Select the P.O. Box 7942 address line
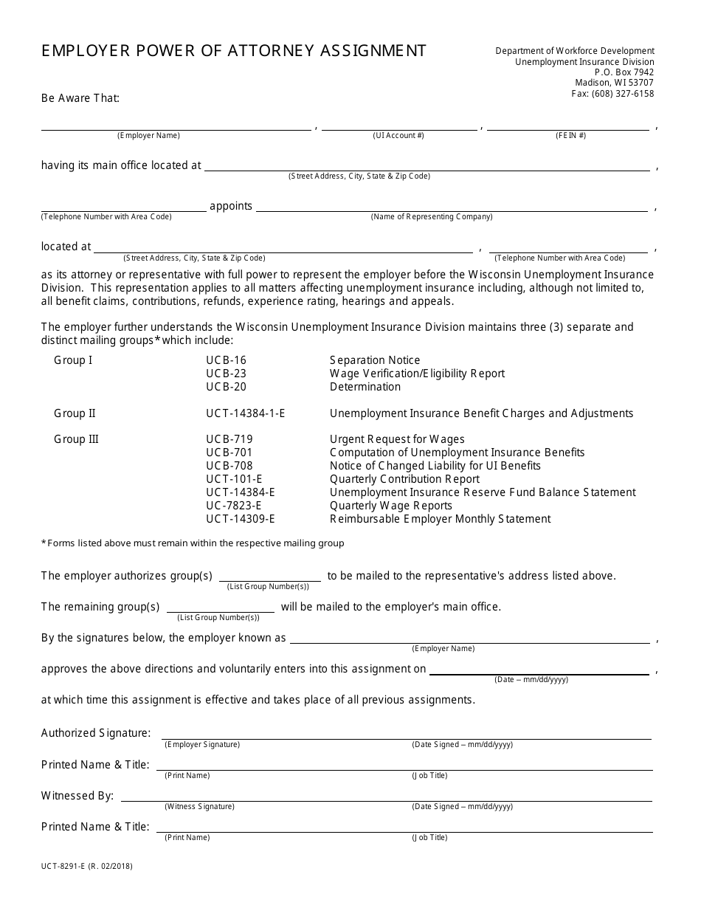tap(624, 72)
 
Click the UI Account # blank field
tap(399, 124)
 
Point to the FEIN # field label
tap(570, 136)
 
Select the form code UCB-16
tap(226, 360)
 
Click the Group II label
tap(75, 413)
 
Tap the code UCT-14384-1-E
tap(245, 413)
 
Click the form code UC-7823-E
tap(233, 506)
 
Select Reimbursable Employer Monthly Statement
tap(440, 519)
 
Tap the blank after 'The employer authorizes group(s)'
tap(269, 577)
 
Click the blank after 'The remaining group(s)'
tap(220, 608)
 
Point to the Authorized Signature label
tap(96, 733)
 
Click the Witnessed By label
tap(77, 796)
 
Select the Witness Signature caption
tap(199, 807)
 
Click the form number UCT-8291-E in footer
tap(66, 867)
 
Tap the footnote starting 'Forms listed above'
tap(193, 543)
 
